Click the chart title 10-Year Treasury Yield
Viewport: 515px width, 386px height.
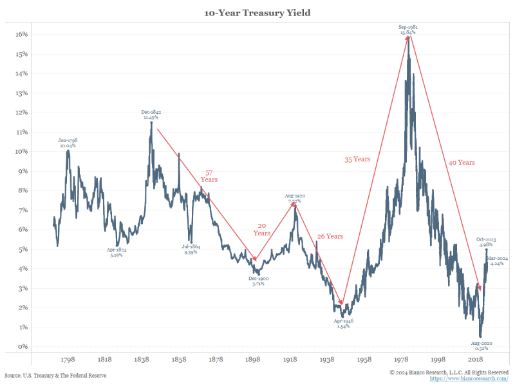click(257, 12)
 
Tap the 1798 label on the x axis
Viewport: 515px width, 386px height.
click(68, 360)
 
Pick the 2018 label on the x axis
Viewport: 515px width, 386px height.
click(476, 360)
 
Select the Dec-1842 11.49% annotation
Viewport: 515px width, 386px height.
click(151, 115)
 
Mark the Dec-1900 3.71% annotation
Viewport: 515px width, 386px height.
click(259, 280)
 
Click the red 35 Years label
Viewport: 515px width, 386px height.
click(357, 159)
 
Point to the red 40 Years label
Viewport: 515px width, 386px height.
click(462, 163)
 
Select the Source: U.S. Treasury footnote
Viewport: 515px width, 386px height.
click(55, 375)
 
